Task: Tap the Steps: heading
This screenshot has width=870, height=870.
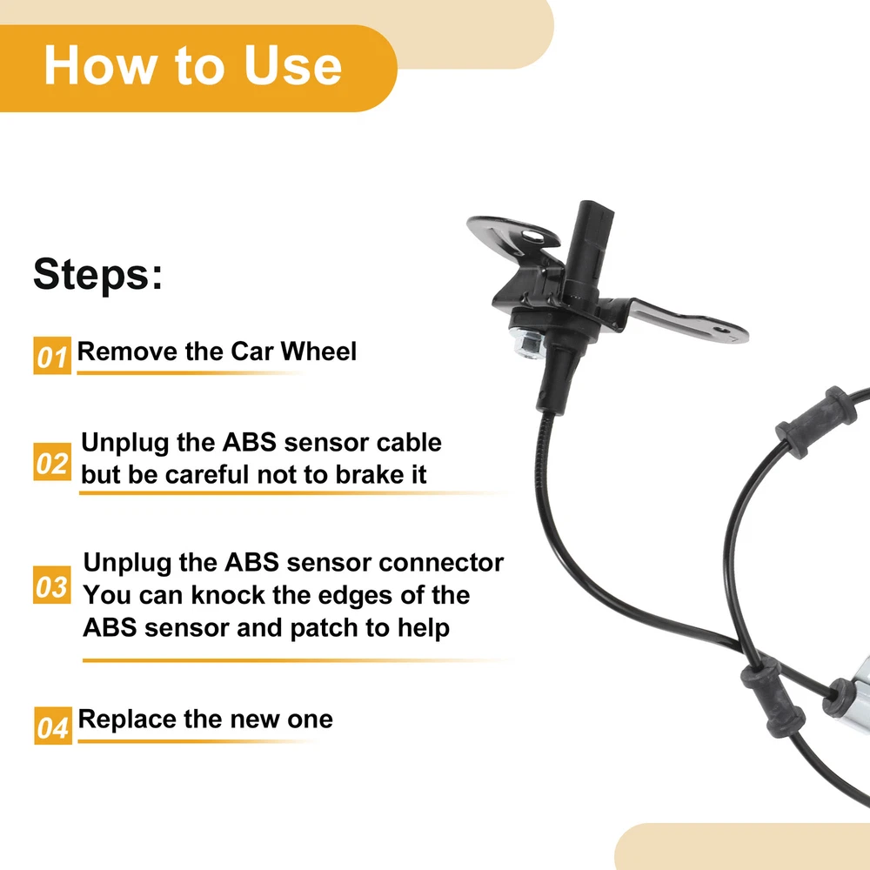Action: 98,273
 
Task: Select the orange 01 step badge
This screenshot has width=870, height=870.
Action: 52,356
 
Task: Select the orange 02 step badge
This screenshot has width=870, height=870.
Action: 52,462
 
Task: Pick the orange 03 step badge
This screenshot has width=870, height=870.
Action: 52,585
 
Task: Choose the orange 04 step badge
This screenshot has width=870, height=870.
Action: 53,726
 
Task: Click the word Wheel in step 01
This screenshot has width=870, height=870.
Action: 318,351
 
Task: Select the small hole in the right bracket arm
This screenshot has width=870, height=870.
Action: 722,330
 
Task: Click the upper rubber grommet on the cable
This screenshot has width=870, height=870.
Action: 815,422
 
